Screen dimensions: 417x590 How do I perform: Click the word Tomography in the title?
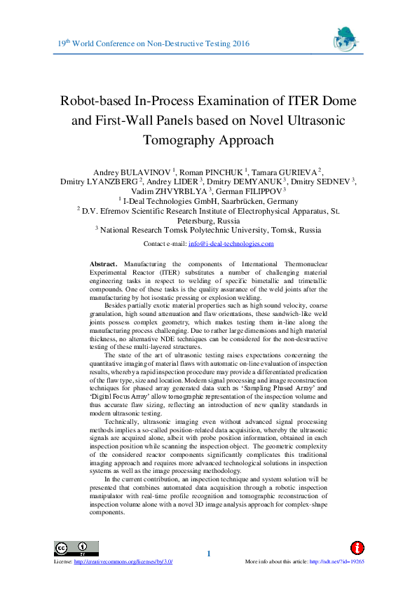point(177,139)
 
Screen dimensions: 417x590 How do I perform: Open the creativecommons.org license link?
point(123,562)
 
